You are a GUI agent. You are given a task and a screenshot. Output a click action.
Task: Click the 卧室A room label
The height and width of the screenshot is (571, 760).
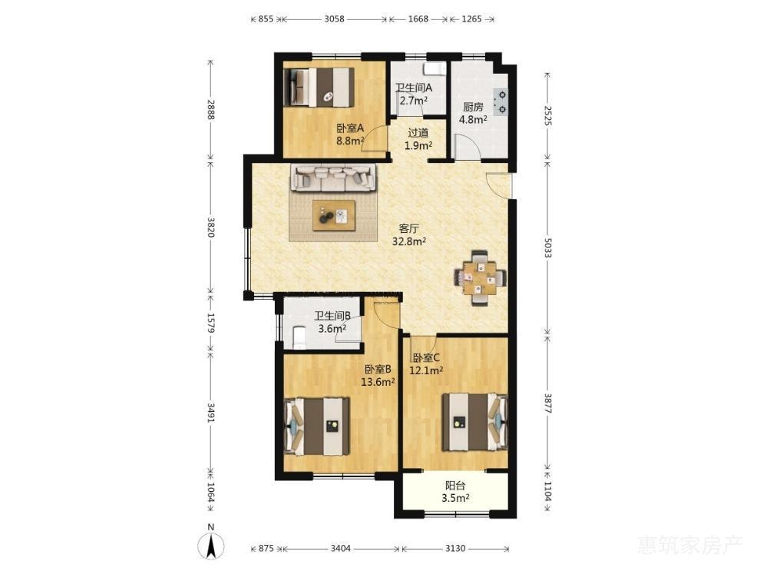pyautogui.click(x=350, y=128)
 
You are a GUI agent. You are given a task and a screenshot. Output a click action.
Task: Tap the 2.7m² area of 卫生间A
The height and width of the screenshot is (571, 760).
pyautogui.click(x=414, y=101)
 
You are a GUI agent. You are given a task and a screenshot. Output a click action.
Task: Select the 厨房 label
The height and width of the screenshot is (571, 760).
pyautogui.click(x=473, y=108)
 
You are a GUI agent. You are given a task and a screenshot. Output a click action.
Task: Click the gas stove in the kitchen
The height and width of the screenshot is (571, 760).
pyautogui.click(x=501, y=103)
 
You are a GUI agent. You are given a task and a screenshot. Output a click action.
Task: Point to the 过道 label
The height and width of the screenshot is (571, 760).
pyautogui.click(x=418, y=133)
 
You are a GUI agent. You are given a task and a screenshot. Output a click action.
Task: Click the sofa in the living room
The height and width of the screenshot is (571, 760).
pyautogui.click(x=333, y=178)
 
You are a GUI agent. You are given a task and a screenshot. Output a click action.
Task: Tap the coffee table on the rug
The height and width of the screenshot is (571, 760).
pyautogui.click(x=333, y=215)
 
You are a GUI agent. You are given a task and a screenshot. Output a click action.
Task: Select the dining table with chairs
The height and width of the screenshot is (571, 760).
pyautogui.click(x=480, y=278)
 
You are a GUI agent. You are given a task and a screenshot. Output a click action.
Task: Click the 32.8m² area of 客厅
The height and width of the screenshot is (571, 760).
pyautogui.click(x=409, y=241)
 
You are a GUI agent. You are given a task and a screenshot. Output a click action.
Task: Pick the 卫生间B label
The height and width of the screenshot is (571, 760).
pyautogui.click(x=332, y=316)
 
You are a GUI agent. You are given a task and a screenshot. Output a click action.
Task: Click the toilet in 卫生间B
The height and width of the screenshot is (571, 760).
pyautogui.click(x=299, y=338)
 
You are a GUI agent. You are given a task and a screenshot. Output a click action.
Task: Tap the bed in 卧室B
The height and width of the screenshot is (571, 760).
pyautogui.click(x=318, y=427)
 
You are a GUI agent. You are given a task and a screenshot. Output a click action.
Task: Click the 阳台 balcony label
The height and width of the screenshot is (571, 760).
pyautogui.click(x=455, y=485)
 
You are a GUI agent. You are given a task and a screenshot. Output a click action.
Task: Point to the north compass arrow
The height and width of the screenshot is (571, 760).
pyautogui.click(x=211, y=546)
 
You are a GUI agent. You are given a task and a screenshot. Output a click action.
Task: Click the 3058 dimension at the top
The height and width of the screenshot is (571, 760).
pyautogui.click(x=334, y=19)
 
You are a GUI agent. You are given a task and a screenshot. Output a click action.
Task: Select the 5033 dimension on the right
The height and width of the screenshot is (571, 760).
pyautogui.click(x=547, y=247)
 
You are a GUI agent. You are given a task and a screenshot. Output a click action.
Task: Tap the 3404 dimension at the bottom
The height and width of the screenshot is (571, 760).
pyautogui.click(x=341, y=548)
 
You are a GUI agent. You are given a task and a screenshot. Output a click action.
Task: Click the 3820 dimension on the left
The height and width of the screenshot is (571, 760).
pyautogui.click(x=211, y=227)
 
